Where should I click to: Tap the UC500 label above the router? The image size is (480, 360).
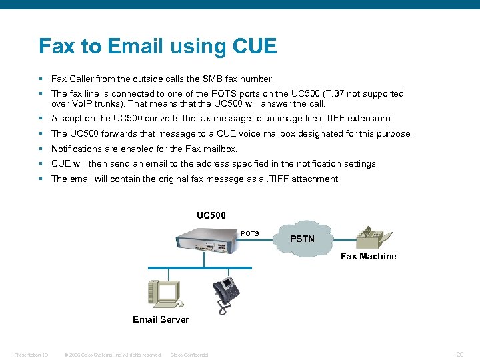[x=211, y=215]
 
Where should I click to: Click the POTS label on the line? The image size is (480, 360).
[x=250, y=234]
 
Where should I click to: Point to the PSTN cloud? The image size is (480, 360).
[x=303, y=237]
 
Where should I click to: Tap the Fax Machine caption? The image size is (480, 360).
[x=368, y=256]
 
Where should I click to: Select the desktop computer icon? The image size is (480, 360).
[x=163, y=292]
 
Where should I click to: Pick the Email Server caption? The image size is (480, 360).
[x=161, y=319]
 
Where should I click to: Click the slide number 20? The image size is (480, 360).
[x=460, y=355]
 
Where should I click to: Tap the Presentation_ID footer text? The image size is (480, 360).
[x=31, y=355]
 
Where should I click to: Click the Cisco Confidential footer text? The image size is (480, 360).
[x=189, y=355]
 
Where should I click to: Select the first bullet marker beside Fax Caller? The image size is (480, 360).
[x=41, y=79]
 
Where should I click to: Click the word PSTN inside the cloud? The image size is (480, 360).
[x=303, y=239]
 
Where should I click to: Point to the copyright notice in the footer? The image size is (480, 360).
[x=113, y=355]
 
